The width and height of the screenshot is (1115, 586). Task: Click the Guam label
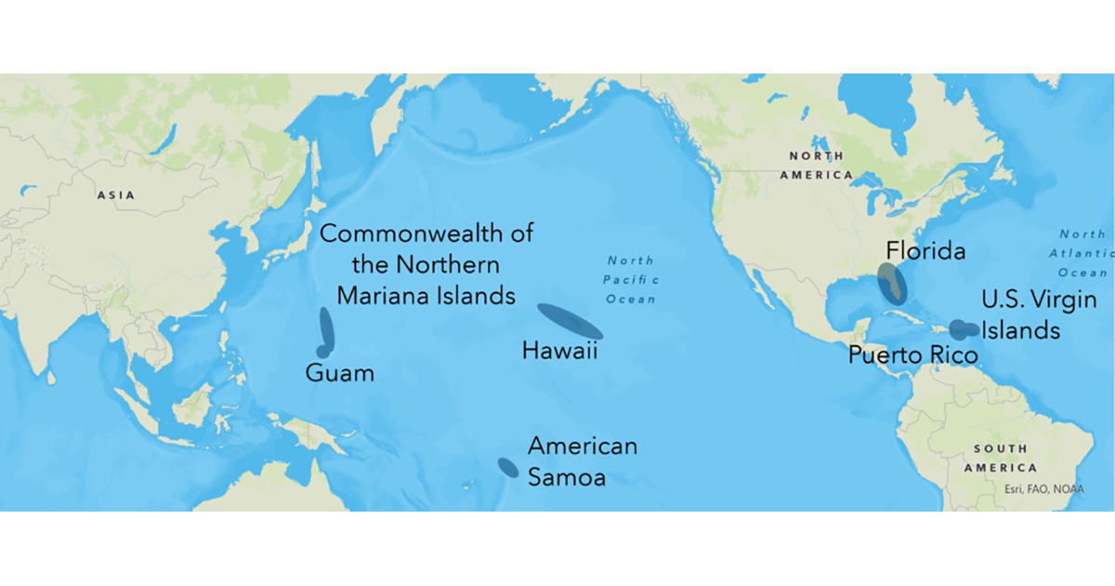point(340,374)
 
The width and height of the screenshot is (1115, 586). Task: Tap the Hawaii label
point(559,351)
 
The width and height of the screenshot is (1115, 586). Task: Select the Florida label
point(925,251)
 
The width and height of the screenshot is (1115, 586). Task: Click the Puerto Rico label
point(913,355)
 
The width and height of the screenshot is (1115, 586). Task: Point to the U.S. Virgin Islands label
point(1039,315)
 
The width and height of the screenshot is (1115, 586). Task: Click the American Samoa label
point(583,461)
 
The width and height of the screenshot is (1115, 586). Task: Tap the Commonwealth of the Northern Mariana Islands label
point(426,264)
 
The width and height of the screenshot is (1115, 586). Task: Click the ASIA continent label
point(116,195)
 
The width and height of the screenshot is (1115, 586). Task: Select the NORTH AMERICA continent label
point(817,166)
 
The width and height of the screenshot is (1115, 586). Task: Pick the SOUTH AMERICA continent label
point(1001,458)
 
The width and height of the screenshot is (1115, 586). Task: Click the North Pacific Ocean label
point(631,279)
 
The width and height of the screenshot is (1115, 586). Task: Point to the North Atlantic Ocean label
point(1083,253)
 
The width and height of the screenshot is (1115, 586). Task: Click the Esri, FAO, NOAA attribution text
point(1043,488)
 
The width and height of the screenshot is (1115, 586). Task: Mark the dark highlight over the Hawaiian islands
point(571,321)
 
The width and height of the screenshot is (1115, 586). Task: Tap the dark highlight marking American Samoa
point(507,467)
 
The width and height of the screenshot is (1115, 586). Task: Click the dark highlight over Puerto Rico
point(958,329)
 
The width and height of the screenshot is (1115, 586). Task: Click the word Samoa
point(567,477)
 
